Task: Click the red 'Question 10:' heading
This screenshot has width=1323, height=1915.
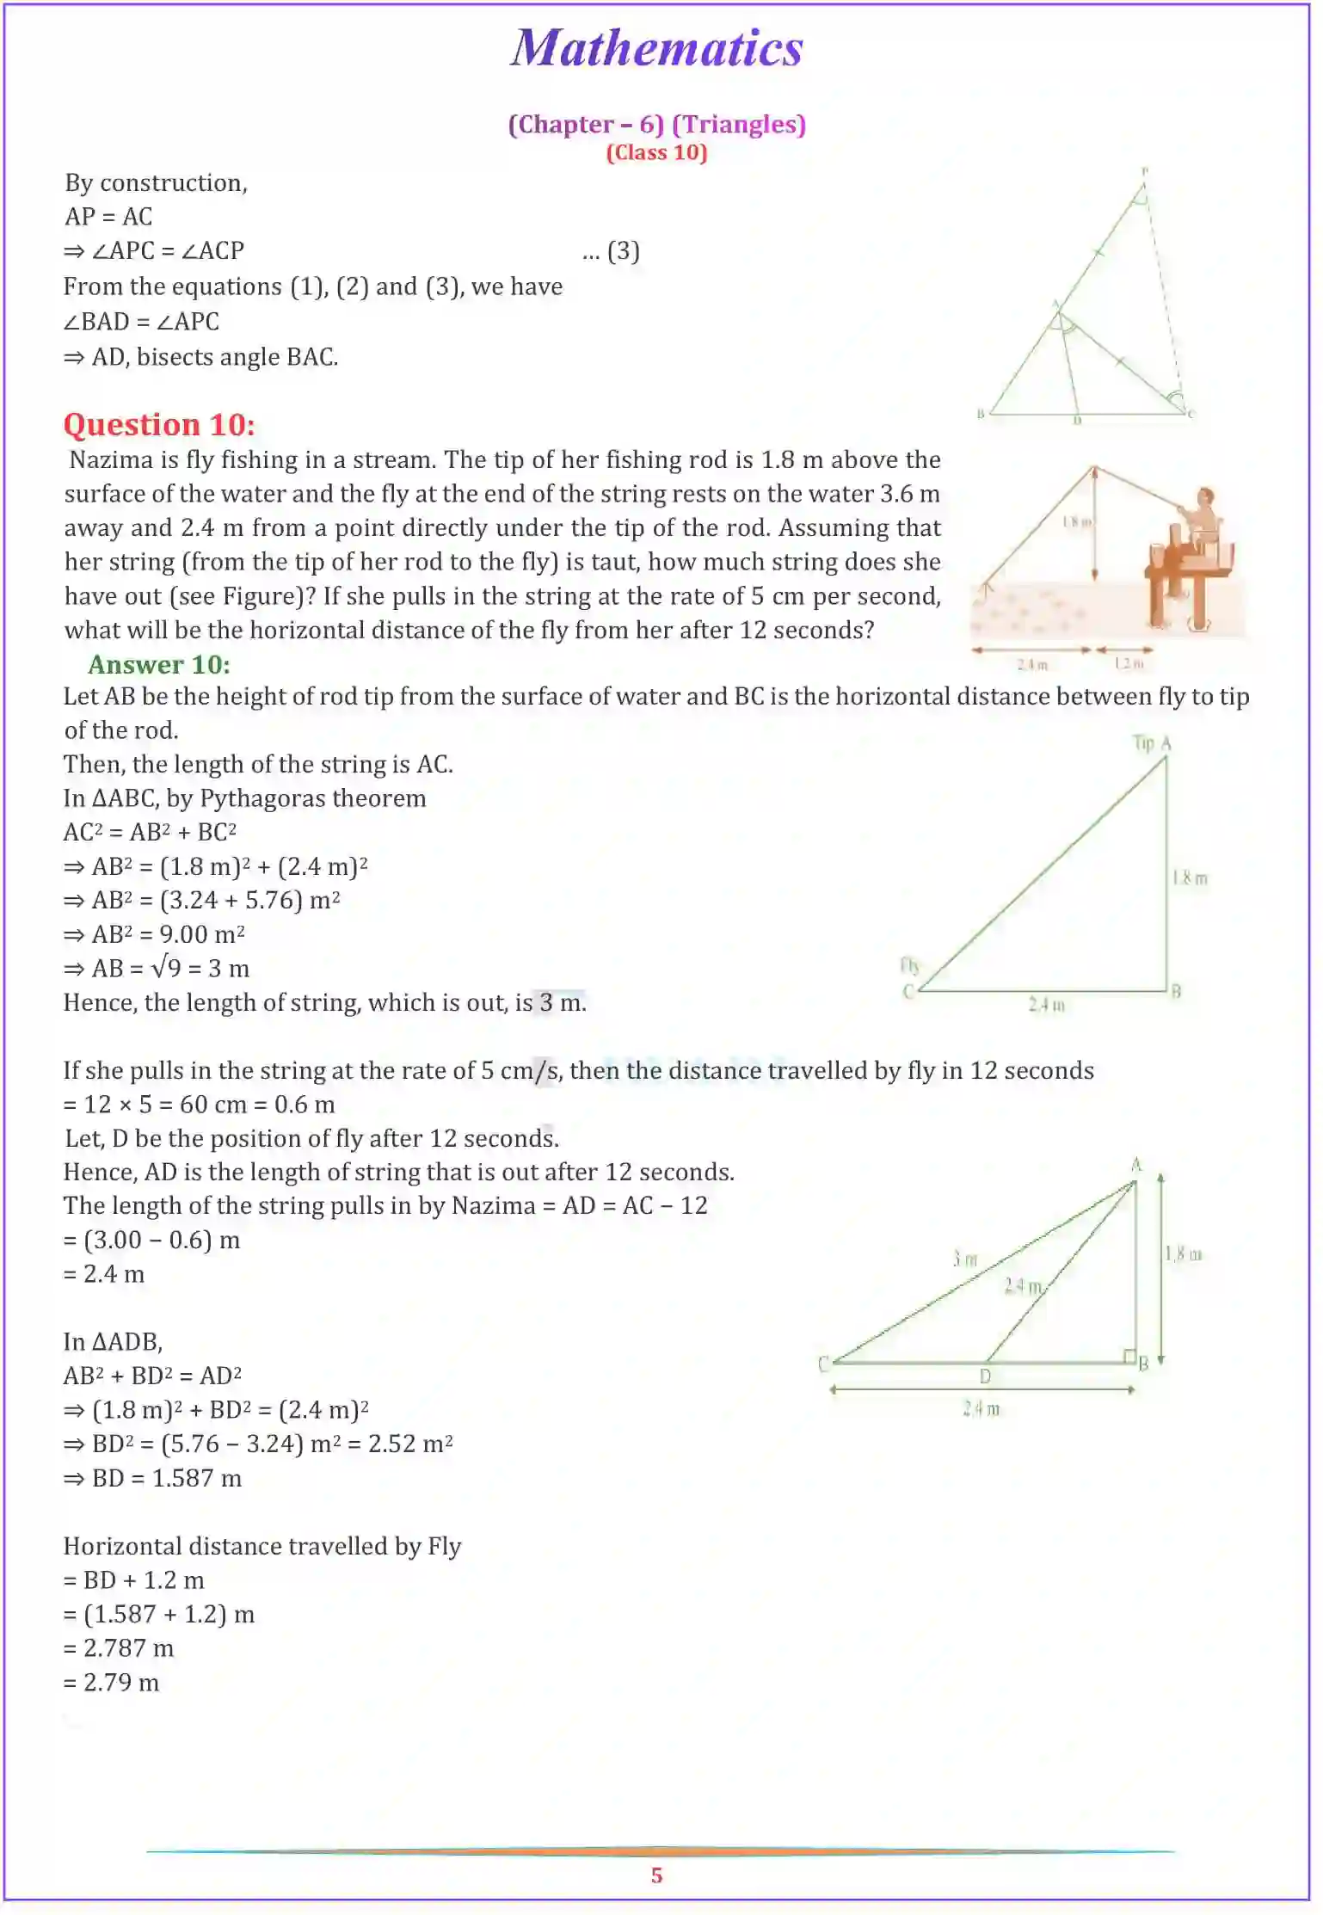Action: pos(159,425)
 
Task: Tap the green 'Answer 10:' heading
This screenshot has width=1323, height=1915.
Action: pos(159,665)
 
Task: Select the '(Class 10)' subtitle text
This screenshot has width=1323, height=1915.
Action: pos(656,153)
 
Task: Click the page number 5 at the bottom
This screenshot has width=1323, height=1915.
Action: pos(656,1875)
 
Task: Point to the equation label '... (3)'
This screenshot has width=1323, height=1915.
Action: pos(611,251)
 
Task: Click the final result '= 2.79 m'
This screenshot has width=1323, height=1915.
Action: pos(112,1683)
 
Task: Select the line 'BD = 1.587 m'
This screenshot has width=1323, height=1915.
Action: pos(153,1479)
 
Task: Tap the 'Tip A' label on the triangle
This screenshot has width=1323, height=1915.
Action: pos(1152,743)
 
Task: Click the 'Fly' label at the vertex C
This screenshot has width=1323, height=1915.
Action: pos(909,965)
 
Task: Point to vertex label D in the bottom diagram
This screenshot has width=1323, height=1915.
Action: pos(985,1376)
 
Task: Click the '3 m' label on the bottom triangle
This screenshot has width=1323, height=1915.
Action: pos(965,1259)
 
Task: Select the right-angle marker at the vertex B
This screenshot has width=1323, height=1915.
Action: pos(1129,1357)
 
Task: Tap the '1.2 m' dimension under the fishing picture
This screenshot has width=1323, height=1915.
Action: pos(1129,664)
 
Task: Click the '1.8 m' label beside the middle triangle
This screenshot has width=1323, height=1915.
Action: pos(1190,878)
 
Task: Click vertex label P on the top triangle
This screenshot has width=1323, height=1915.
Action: pos(1145,172)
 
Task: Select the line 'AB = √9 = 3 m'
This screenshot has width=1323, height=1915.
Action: pos(157,970)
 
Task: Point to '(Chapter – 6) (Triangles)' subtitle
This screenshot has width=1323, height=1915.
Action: pos(656,125)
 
